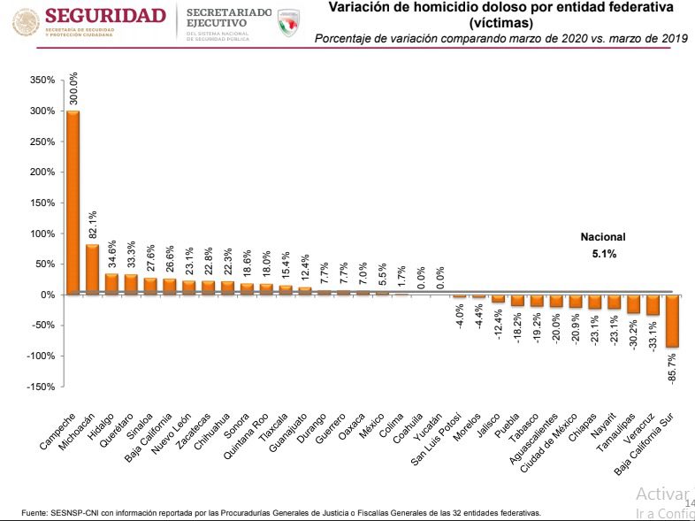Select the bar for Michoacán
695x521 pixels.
pos(92,269)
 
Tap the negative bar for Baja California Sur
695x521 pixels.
pos(673,320)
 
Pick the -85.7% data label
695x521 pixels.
pos(673,368)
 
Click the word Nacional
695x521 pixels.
pos(602,237)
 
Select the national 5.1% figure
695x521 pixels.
pos(603,254)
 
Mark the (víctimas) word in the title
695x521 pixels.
pos(500,23)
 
